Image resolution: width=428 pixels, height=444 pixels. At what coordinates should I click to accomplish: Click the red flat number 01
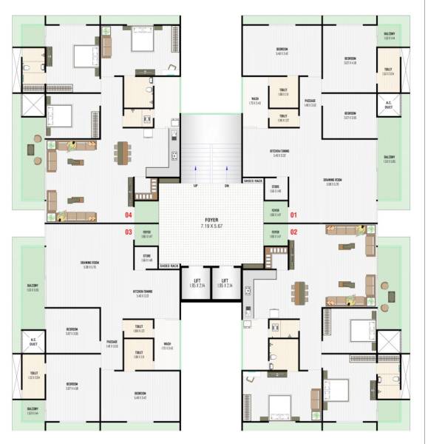coord(293,215)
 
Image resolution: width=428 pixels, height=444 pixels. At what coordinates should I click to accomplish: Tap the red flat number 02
coord(293,232)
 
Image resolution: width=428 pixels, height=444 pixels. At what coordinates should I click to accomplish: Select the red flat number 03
coord(129,232)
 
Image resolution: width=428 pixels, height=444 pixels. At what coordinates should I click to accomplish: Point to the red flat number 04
coord(129,215)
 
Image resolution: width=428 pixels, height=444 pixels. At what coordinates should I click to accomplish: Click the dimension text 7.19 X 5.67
coord(212,226)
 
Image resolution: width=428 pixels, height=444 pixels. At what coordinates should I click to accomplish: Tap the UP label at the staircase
coord(195,185)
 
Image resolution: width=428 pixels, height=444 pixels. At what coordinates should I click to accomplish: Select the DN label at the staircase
coord(227,185)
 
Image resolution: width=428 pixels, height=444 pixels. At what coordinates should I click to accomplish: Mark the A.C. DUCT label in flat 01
coord(389,104)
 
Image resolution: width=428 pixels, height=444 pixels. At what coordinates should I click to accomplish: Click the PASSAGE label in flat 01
coord(310,101)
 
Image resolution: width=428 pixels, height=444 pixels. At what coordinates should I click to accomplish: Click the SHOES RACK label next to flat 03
coord(169,265)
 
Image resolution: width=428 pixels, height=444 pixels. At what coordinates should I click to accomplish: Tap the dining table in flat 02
coord(299,292)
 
